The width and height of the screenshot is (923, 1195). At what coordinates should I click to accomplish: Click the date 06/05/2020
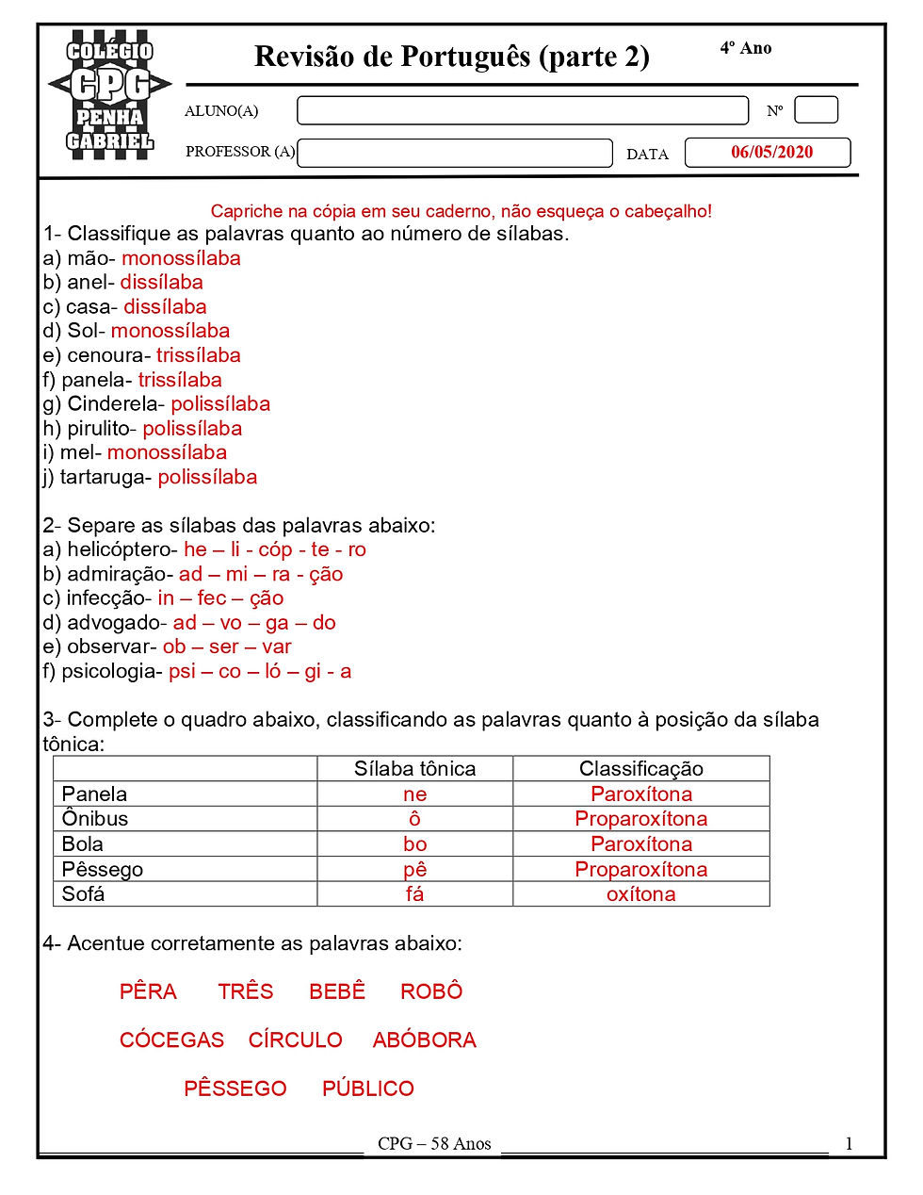[x=770, y=153]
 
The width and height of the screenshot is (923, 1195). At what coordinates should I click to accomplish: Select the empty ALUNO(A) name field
[x=522, y=111]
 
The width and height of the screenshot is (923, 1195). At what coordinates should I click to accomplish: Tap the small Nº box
[x=816, y=110]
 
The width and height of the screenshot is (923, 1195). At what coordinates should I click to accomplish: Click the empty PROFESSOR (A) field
[x=455, y=153]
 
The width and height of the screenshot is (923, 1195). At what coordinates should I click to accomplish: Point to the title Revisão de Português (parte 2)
[x=452, y=57]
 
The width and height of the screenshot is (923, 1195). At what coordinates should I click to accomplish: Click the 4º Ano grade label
[x=746, y=48]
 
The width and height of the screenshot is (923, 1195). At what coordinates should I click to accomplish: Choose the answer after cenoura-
[x=199, y=355]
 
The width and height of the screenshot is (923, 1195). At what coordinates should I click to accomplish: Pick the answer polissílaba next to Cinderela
[x=220, y=404]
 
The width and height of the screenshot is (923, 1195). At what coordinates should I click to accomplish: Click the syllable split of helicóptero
[x=275, y=549]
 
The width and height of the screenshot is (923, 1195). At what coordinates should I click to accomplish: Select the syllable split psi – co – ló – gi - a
[x=260, y=671]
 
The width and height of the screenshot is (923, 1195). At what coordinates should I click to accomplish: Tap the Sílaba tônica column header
[x=414, y=768]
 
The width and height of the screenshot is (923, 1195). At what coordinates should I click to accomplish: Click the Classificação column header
[x=640, y=768]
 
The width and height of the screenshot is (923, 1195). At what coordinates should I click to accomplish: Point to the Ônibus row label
[x=95, y=818]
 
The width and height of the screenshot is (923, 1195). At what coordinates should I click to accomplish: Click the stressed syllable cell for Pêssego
[x=414, y=869]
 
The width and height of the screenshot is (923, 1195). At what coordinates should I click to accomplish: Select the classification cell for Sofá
[x=640, y=894]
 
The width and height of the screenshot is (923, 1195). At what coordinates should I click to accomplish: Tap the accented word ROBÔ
[x=431, y=991]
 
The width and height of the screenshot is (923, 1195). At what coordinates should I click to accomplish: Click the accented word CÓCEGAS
[x=171, y=1039]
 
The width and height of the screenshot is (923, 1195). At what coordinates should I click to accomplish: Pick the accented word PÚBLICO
[x=368, y=1089]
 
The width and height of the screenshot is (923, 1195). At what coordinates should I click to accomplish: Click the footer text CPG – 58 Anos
[x=434, y=1143]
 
